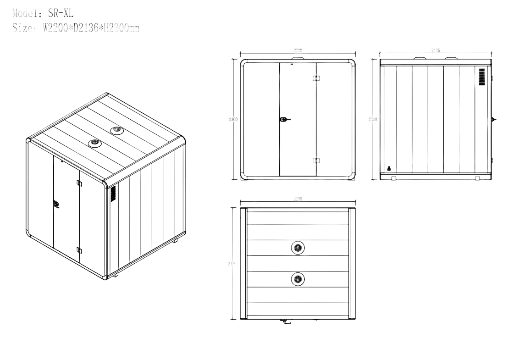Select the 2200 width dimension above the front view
point(298,50)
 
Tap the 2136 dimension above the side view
point(436,50)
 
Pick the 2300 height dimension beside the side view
point(373,119)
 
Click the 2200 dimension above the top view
point(298,199)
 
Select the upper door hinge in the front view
point(315,78)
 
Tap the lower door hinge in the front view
point(315,161)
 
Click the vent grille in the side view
point(481,77)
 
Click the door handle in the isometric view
point(56,205)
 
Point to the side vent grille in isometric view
point(113,194)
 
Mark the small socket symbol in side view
point(389,168)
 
